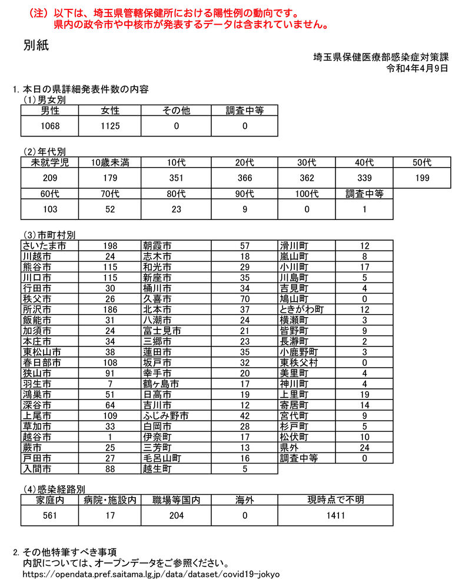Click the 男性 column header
[50, 110]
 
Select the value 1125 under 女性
[110, 126]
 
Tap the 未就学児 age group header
[50, 162]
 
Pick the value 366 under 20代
[244, 178]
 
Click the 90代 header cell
[244, 194]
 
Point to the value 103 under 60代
[50, 209]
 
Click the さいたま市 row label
[44, 245]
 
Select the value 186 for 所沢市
[110, 309]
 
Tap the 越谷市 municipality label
[37, 437]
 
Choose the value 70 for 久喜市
[245, 298]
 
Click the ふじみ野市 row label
[165, 416]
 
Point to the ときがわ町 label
[302, 309]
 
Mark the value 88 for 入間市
[110, 469]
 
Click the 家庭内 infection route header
[50, 500]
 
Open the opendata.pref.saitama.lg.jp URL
[150, 574]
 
